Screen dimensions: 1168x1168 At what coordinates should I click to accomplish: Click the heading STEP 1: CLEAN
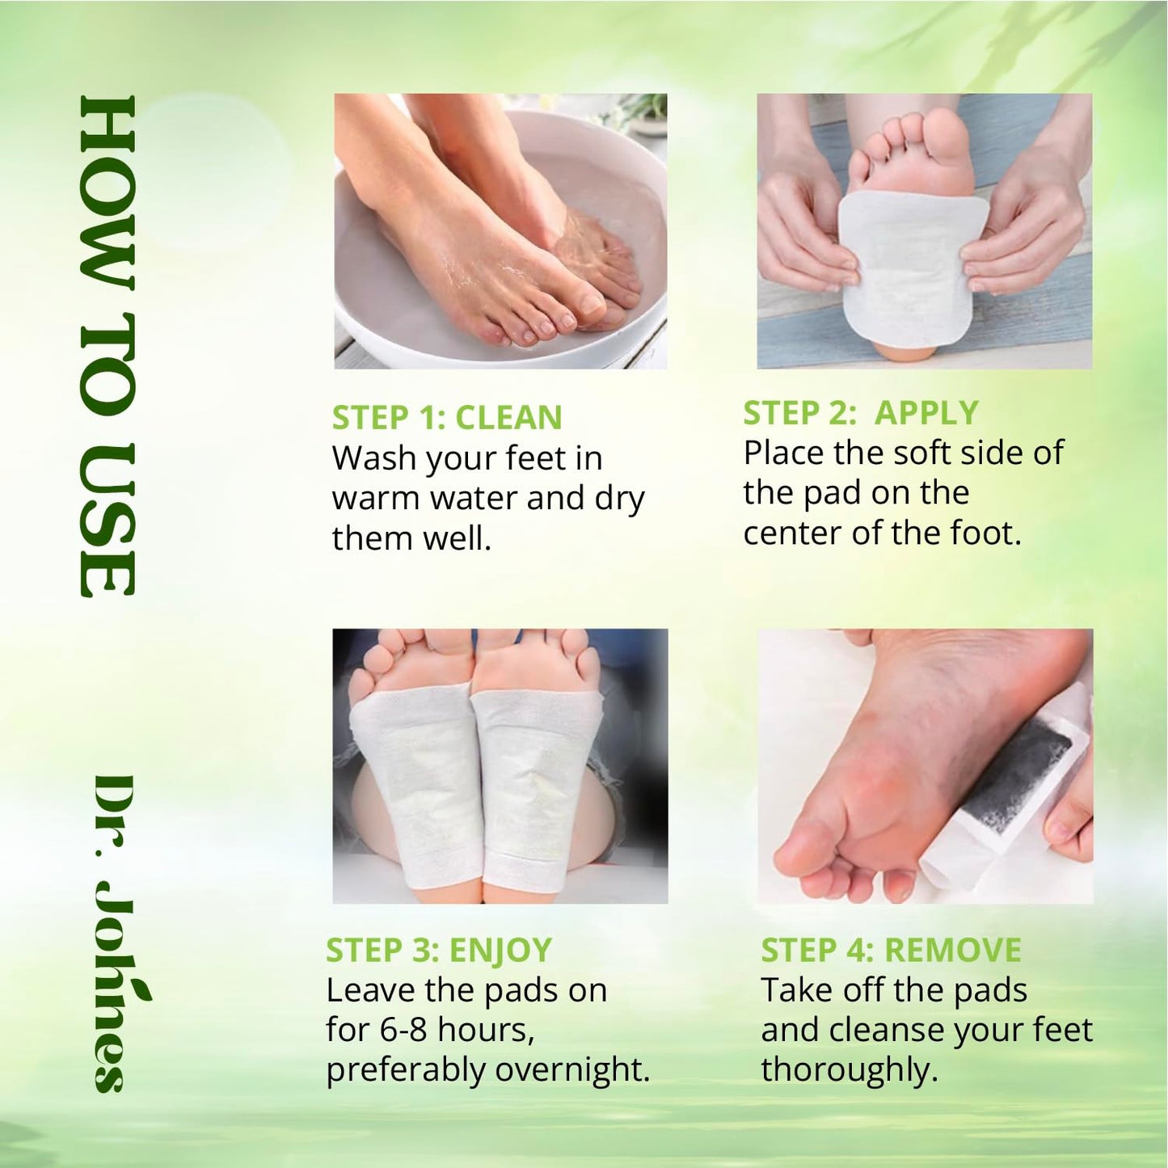pyautogui.click(x=446, y=418)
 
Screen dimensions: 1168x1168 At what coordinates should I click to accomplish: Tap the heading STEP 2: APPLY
pyautogui.click(x=860, y=413)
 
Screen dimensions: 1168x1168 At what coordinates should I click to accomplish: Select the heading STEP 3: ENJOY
pyautogui.click(x=438, y=951)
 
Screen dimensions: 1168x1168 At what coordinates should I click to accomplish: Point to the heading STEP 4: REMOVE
pyautogui.click(x=890, y=951)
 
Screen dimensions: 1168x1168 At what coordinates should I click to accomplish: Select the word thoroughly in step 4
pyautogui.click(x=849, y=1069)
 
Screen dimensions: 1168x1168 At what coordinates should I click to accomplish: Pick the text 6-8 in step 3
pyautogui.click(x=404, y=1030)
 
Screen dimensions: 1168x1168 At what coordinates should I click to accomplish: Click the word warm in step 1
pyautogui.click(x=376, y=499)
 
